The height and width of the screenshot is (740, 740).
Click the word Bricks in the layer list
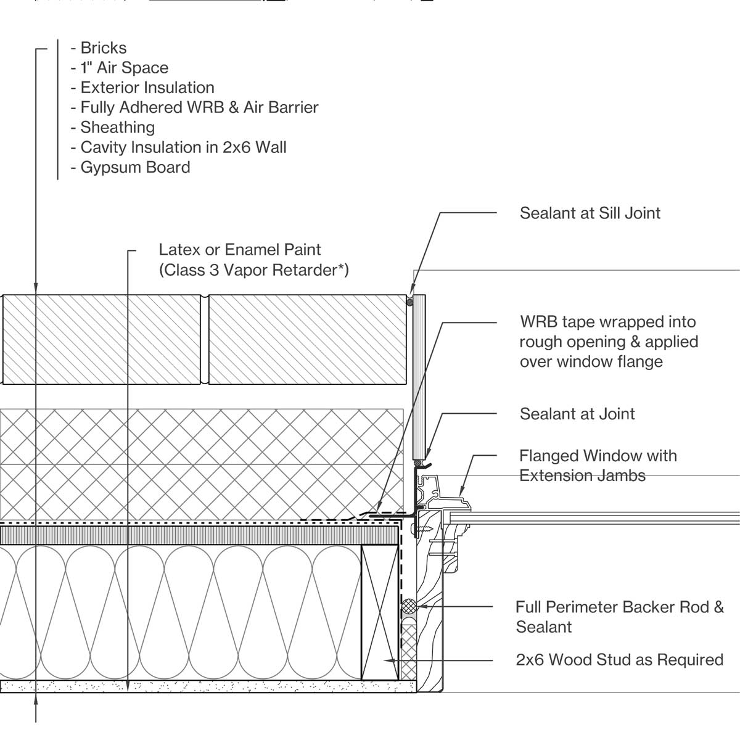[x=103, y=48]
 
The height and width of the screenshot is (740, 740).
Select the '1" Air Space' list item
[x=124, y=68]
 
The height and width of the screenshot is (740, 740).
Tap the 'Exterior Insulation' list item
[x=147, y=88]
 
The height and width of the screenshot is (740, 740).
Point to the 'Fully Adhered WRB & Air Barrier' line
[x=199, y=107]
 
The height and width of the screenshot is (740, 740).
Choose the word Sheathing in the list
[x=117, y=128]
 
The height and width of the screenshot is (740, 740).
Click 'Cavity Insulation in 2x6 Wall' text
[x=183, y=147]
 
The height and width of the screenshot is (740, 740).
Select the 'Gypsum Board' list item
[x=135, y=167]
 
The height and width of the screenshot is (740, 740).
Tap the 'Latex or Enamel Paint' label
[x=240, y=250]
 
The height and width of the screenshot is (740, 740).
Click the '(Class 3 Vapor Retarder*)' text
[x=253, y=270]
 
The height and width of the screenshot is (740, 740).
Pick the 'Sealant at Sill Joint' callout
[x=590, y=213]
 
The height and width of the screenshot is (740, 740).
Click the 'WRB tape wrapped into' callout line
[x=607, y=322]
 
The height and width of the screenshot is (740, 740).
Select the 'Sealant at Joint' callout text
[x=577, y=414]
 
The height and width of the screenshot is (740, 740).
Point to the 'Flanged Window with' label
[x=598, y=456]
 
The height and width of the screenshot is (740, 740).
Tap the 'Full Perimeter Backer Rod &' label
[x=620, y=607]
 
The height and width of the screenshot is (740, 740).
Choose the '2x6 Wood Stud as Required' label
[x=619, y=660]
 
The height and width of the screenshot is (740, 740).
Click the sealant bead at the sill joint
[x=409, y=300]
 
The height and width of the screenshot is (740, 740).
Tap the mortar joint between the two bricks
[x=205, y=339]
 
